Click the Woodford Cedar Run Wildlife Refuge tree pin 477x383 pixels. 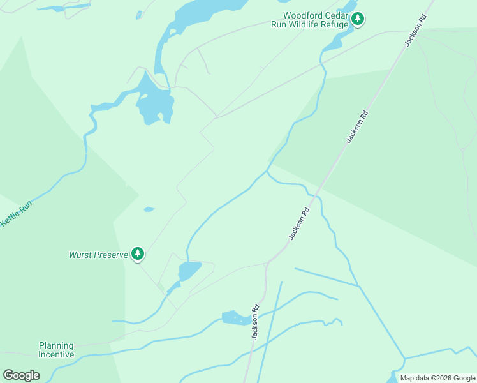(358, 19)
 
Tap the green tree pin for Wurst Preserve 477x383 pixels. (138, 254)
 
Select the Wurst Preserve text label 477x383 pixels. (98, 255)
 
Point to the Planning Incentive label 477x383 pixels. (56, 350)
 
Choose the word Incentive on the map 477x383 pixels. (56, 354)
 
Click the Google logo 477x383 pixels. (22, 375)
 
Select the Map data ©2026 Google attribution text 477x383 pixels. (437, 378)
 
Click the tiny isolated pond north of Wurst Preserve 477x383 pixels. (149, 209)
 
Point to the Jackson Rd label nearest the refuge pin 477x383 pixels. (415, 32)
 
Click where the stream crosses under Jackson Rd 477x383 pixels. (314, 194)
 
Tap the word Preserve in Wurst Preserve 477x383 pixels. (109, 255)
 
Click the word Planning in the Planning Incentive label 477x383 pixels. (56, 345)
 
